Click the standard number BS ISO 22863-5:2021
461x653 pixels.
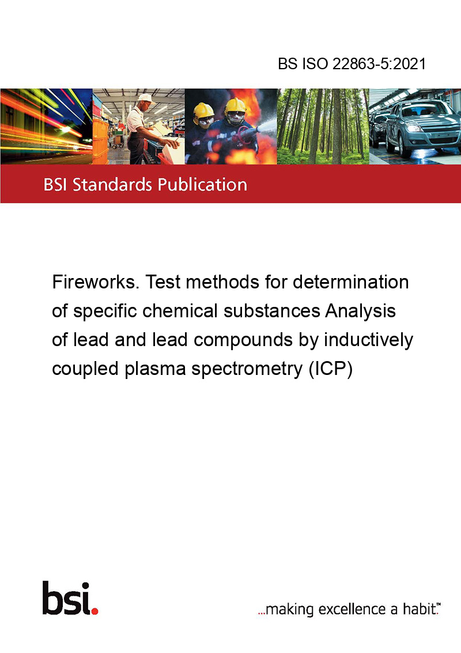pos(352,63)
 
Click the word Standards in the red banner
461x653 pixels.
pos(112,184)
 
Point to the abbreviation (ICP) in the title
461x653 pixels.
pos(331,369)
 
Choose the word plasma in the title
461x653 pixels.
pos(155,370)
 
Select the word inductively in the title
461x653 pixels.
pos(368,340)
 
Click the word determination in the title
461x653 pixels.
pos(351,282)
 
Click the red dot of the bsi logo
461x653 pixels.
pos(95,611)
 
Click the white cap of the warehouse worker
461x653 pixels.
pos(145,98)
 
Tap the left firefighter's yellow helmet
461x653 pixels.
pos(203,111)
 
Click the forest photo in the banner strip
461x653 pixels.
pos(323,126)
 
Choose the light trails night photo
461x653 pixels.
pos(46,126)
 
